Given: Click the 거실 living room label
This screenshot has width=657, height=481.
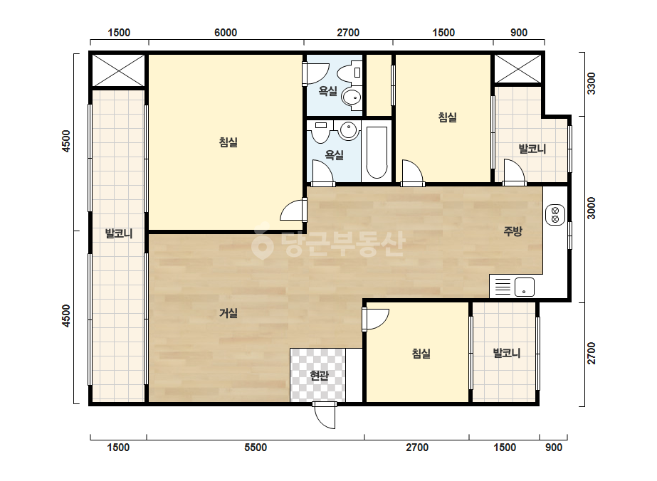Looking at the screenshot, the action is click(228, 313).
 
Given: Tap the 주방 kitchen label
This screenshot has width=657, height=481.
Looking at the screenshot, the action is click(513, 231).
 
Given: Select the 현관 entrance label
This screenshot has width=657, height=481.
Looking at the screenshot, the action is click(320, 376).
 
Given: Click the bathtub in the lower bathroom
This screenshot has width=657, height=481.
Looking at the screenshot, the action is click(377, 152).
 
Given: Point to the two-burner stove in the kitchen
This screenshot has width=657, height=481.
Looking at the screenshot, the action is click(555, 216).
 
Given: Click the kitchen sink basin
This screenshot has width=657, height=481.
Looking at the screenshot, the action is click(524, 287).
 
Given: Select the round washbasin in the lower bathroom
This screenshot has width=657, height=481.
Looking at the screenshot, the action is click(348, 129).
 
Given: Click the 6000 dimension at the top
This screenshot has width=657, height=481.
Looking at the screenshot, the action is click(226, 33).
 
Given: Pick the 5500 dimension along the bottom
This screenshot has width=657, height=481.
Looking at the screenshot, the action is click(256, 448).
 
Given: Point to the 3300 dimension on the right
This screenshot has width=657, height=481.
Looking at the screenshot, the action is click(591, 83).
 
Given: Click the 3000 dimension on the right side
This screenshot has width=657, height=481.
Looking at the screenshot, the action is click(591, 208).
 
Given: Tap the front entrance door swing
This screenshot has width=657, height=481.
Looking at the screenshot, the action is click(325, 416).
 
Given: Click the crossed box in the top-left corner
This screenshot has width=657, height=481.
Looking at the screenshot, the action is click(118, 70).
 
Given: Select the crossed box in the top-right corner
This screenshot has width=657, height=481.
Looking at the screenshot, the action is click(518, 69).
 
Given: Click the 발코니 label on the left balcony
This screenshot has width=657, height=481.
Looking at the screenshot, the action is click(119, 233).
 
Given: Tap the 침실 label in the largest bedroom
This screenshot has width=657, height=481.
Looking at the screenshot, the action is click(228, 142).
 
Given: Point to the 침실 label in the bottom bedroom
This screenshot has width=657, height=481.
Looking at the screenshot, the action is click(421, 354).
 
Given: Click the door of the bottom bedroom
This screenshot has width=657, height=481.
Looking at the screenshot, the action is click(375, 319).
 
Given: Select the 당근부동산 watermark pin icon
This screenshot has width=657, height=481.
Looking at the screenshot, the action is click(262, 244).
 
